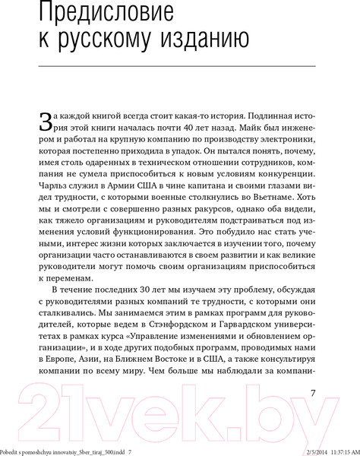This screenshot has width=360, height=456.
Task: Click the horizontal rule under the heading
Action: (179, 68)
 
